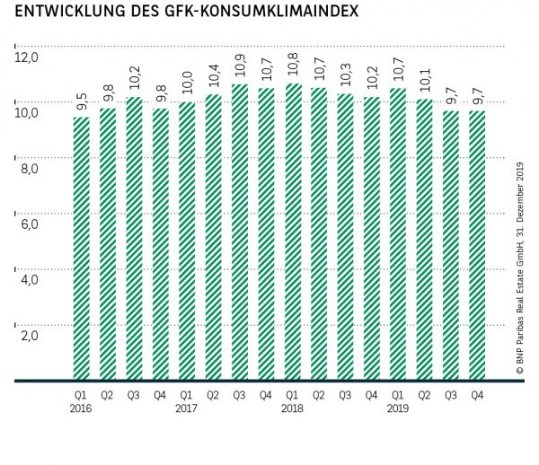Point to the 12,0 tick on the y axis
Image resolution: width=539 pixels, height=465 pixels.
[25, 57]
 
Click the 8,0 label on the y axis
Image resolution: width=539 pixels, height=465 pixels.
[26, 169]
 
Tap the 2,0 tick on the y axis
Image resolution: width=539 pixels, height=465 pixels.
[26, 336]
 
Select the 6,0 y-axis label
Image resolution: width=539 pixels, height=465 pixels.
[26, 224]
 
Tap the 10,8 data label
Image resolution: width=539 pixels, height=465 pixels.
[294, 70]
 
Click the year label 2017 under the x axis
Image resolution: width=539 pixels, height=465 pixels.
[186, 408]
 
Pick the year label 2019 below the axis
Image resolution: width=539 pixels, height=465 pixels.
[397, 408]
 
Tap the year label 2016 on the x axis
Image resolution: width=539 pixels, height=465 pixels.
[81, 408]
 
